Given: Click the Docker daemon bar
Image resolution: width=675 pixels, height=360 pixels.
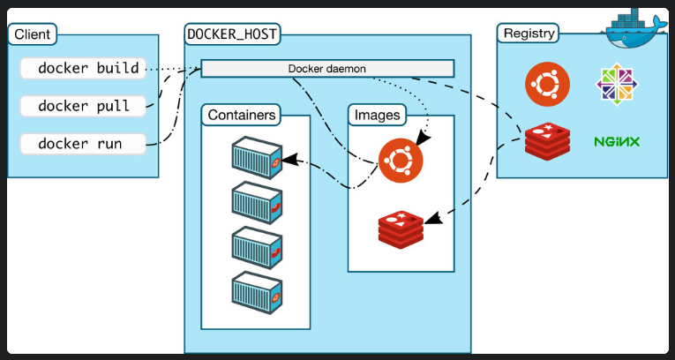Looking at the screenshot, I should click(x=327, y=68).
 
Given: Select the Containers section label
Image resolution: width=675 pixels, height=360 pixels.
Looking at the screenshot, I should click(x=243, y=115).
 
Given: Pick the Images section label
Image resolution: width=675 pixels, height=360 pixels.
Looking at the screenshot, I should click(x=377, y=115).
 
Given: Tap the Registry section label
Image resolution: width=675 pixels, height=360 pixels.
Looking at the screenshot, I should click(x=529, y=34).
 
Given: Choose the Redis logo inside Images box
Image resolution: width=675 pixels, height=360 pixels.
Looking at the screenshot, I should click(x=401, y=229).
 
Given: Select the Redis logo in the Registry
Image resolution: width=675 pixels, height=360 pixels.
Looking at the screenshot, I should click(x=547, y=140).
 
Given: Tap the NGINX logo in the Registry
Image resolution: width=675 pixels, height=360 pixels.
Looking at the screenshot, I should click(x=617, y=141).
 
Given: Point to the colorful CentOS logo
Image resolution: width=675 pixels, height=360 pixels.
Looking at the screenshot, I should click(x=617, y=85).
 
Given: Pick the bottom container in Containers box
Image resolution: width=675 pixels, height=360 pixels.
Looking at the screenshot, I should click(x=256, y=290).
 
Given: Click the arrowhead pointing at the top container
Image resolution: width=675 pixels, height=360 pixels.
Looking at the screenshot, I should click(x=289, y=161).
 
